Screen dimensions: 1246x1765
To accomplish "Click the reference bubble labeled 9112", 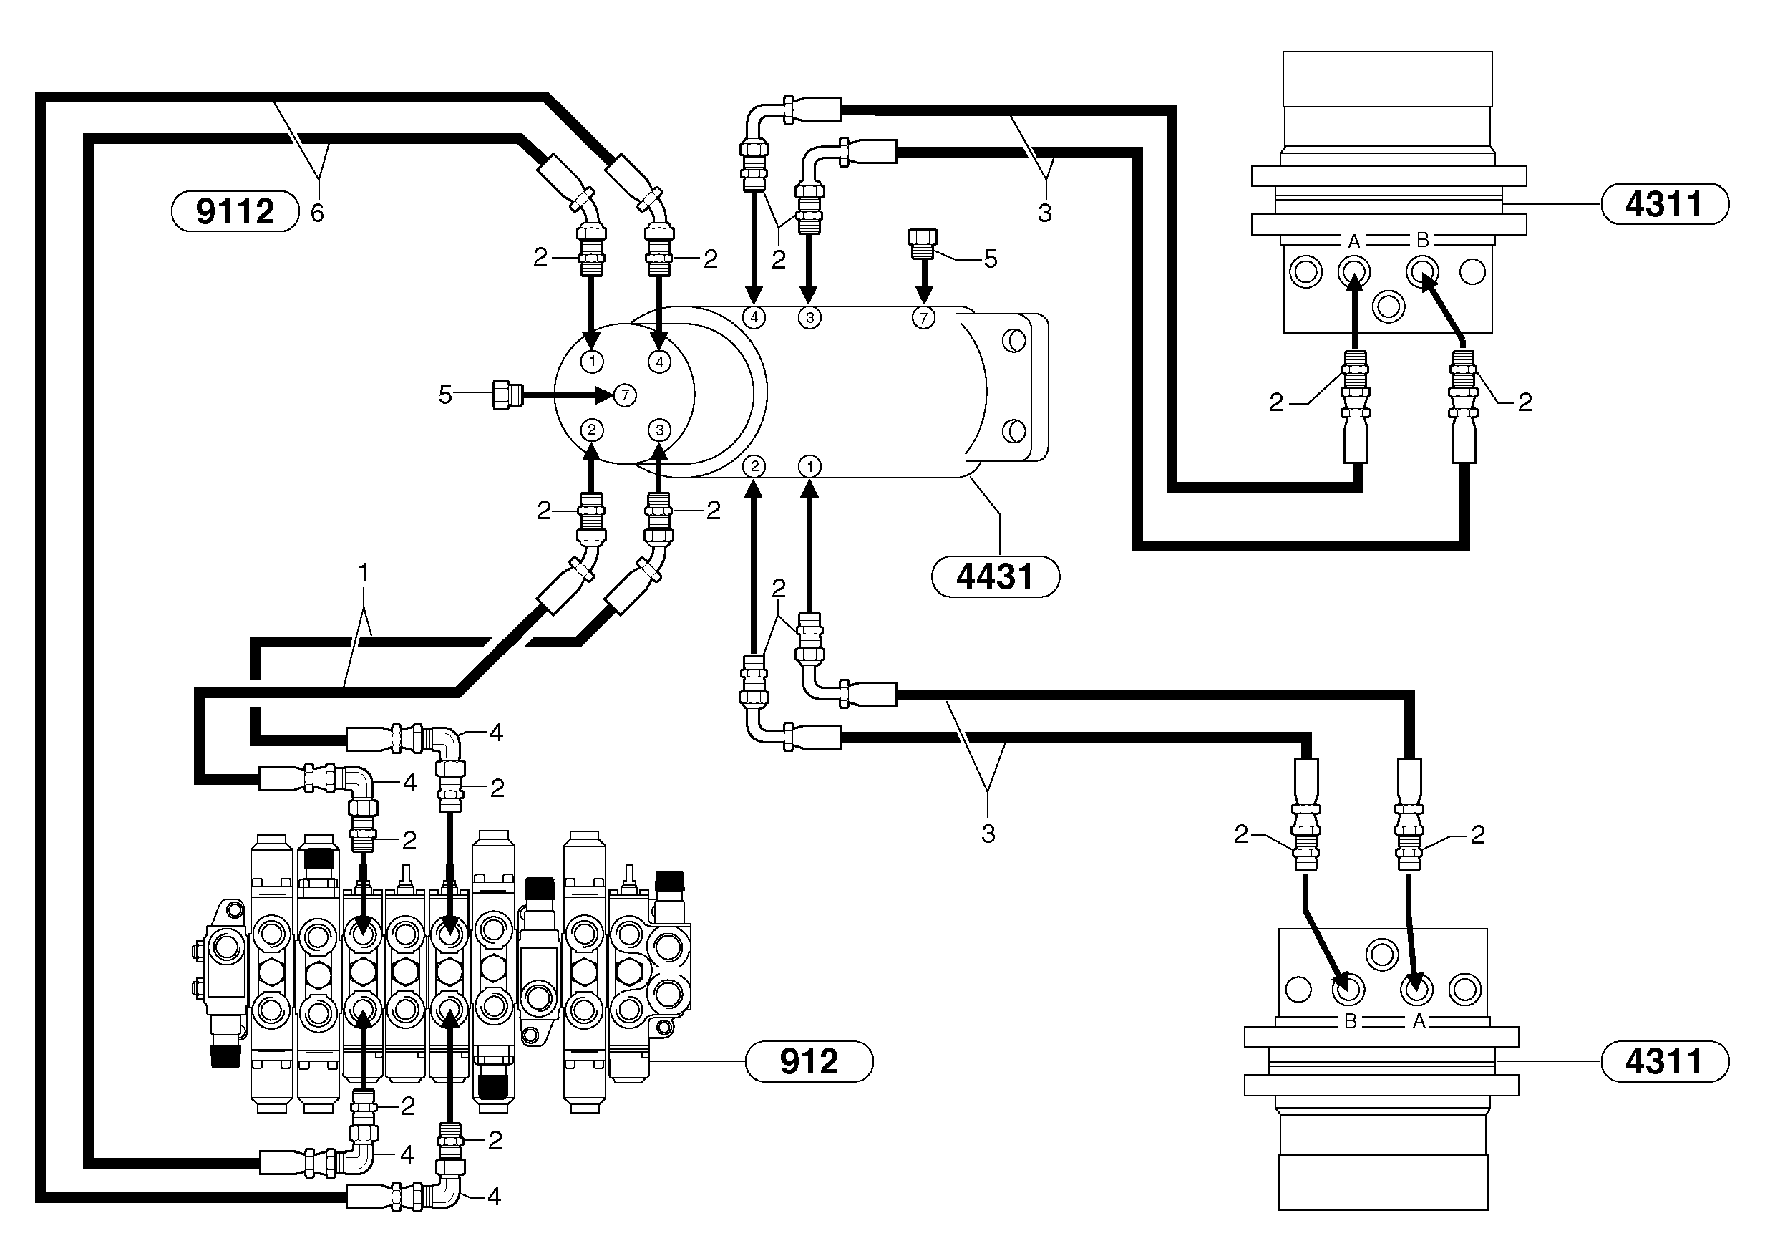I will point(235,211).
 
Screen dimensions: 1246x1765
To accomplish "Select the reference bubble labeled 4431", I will point(995,577).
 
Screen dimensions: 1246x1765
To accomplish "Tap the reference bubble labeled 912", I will point(809,1061).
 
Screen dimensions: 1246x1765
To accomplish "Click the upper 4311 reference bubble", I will point(1664,205).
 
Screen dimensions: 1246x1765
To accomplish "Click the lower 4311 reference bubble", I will point(1664,1061).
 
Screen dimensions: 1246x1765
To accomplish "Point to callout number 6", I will point(317,213).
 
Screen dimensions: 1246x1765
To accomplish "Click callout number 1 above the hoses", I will point(364,573).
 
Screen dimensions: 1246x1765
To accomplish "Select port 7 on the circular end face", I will point(625,395).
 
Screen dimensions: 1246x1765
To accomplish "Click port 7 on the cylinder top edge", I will point(923,317).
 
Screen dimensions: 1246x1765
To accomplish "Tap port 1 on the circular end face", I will point(592,361).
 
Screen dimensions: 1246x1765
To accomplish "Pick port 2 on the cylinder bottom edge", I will point(754,466).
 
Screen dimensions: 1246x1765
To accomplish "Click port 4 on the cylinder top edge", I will point(754,317).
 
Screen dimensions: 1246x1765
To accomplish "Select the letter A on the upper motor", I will point(1353,241).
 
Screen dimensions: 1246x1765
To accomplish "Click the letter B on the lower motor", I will point(1350,1022).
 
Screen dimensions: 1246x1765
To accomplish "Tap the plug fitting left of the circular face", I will point(507,395).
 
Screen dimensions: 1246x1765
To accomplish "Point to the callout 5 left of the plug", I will point(445,395).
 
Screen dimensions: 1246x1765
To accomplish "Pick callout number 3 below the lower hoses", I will point(988,833).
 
